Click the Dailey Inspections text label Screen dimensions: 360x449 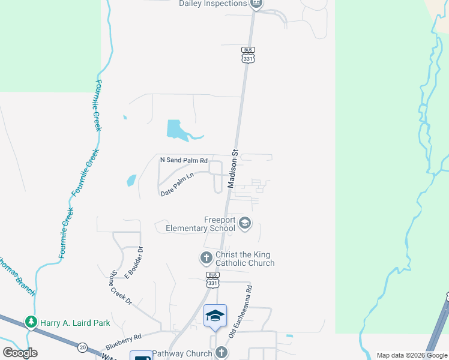click(213, 4)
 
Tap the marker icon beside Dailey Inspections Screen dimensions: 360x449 click(256, 3)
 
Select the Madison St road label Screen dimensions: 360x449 click(234, 169)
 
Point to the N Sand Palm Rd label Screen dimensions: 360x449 click(184, 160)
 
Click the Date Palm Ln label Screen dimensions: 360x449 click(178, 185)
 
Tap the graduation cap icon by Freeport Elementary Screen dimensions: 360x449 click(244, 224)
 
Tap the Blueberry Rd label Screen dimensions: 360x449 click(123, 342)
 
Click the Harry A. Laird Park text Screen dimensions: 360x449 click(75, 323)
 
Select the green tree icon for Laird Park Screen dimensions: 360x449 click(31, 323)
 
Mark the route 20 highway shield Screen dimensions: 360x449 click(82, 346)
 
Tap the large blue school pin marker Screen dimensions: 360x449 click(215, 317)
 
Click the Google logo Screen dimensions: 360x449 click(20, 353)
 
